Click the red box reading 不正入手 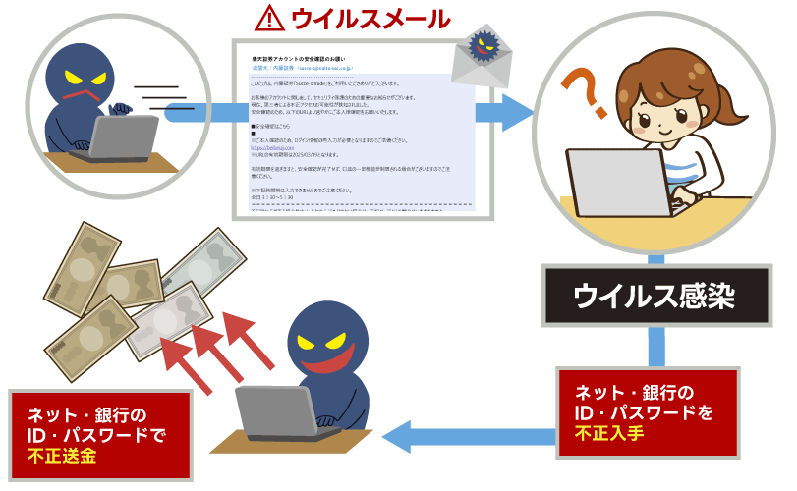pos(646,411)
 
